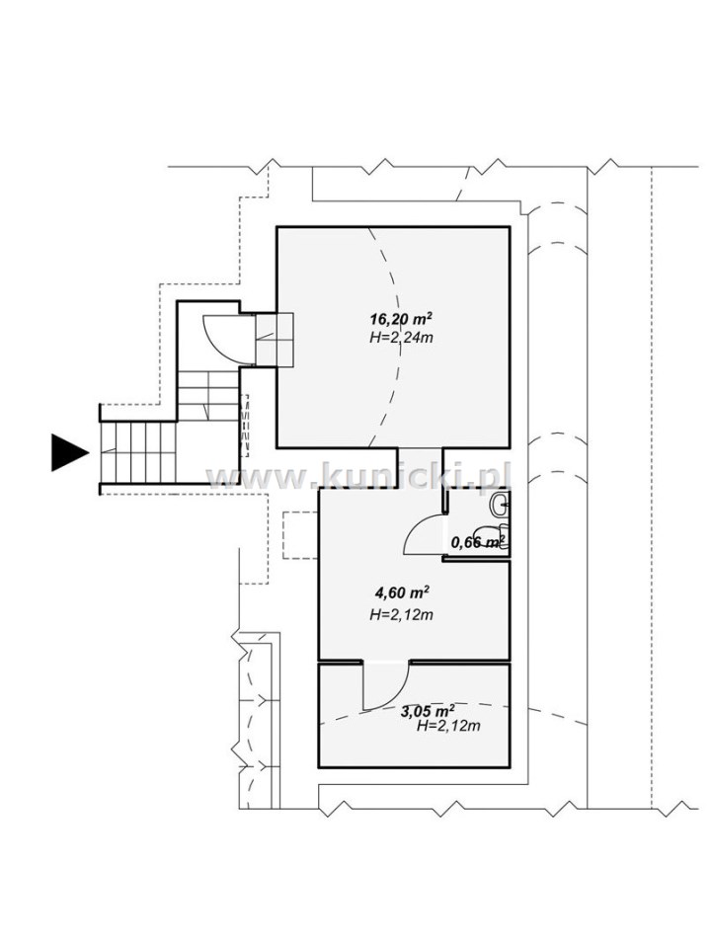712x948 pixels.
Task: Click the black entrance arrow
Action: pyautogui.click(x=69, y=452)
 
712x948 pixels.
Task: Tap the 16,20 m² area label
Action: pyautogui.click(x=401, y=318)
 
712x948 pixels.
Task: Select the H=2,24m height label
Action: pyautogui.click(x=401, y=338)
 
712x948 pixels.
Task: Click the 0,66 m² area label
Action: pyautogui.click(x=479, y=541)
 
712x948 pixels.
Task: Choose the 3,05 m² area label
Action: pyautogui.click(x=428, y=711)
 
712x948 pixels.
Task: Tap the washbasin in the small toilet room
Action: pyautogui.click(x=501, y=505)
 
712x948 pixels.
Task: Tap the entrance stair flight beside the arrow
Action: pyautogui.click(x=138, y=451)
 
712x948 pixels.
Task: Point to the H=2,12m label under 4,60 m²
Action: pyautogui.click(x=401, y=615)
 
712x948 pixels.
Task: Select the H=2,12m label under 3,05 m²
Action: pyautogui.click(x=448, y=726)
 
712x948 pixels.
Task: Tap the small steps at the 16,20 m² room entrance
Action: pyautogui.click(x=275, y=339)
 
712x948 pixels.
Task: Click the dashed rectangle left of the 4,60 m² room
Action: pyautogui.click(x=300, y=535)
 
